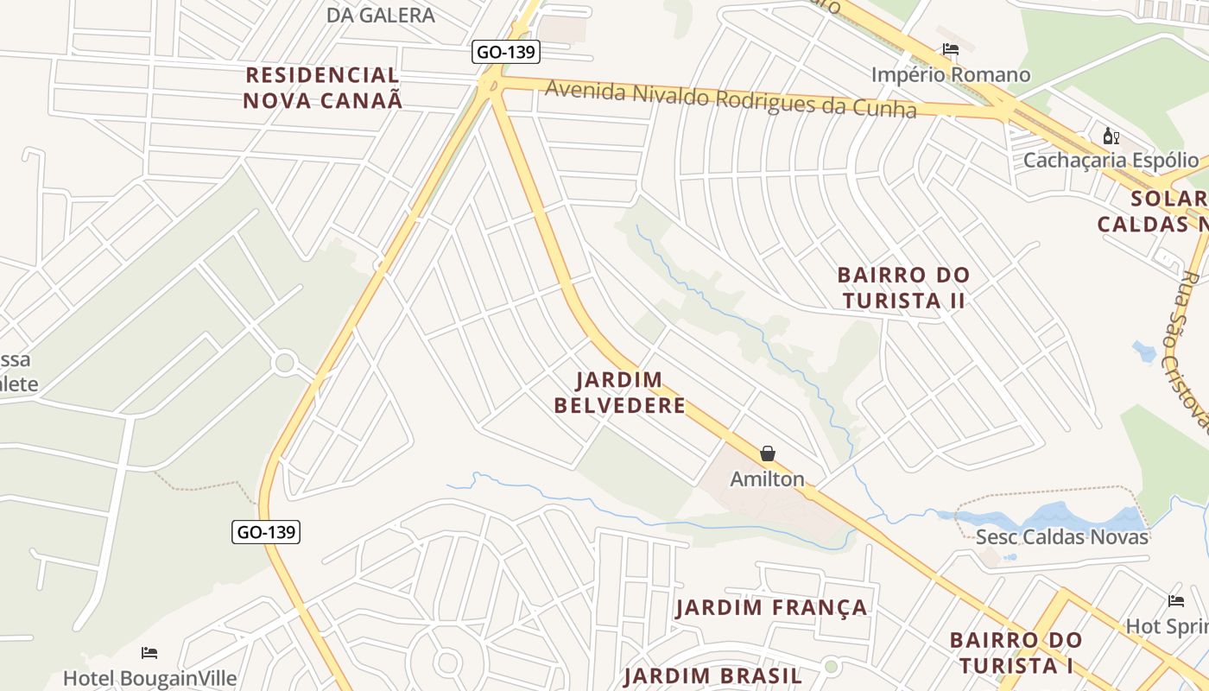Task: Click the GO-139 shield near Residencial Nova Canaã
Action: coord(507,52)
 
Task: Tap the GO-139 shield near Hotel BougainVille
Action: coord(266,532)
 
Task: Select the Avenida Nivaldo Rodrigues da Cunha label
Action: coord(730,98)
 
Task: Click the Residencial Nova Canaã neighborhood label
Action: coord(322,87)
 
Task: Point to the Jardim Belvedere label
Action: coord(619,392)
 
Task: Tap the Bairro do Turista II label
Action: coord(903,288)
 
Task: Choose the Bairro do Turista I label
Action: coord(1015,652)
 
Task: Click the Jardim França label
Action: coord(771,607)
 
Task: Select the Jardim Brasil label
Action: coord(713,675)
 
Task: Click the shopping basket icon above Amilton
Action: coord(767,453)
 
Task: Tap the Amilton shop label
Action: coord(767,479)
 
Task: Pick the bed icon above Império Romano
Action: coord(951,50)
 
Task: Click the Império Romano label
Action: coord(950,75)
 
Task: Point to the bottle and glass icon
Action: coord(1111,136)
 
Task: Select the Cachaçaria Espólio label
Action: coord(1111,161)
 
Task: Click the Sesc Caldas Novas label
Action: coord(1061,537)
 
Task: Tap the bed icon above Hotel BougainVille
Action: coord(149,652)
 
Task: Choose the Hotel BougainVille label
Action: coord(149,678)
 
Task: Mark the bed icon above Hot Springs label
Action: coord(1175,601)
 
